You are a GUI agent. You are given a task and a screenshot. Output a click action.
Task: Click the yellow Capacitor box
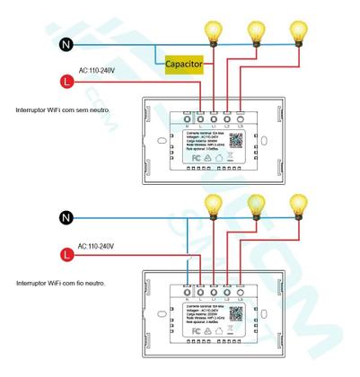[x=184, y=64]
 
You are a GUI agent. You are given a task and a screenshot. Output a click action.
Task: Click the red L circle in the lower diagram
[x=63, y=254]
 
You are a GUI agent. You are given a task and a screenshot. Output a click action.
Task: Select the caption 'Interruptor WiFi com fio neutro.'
[x=60, y=284]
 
